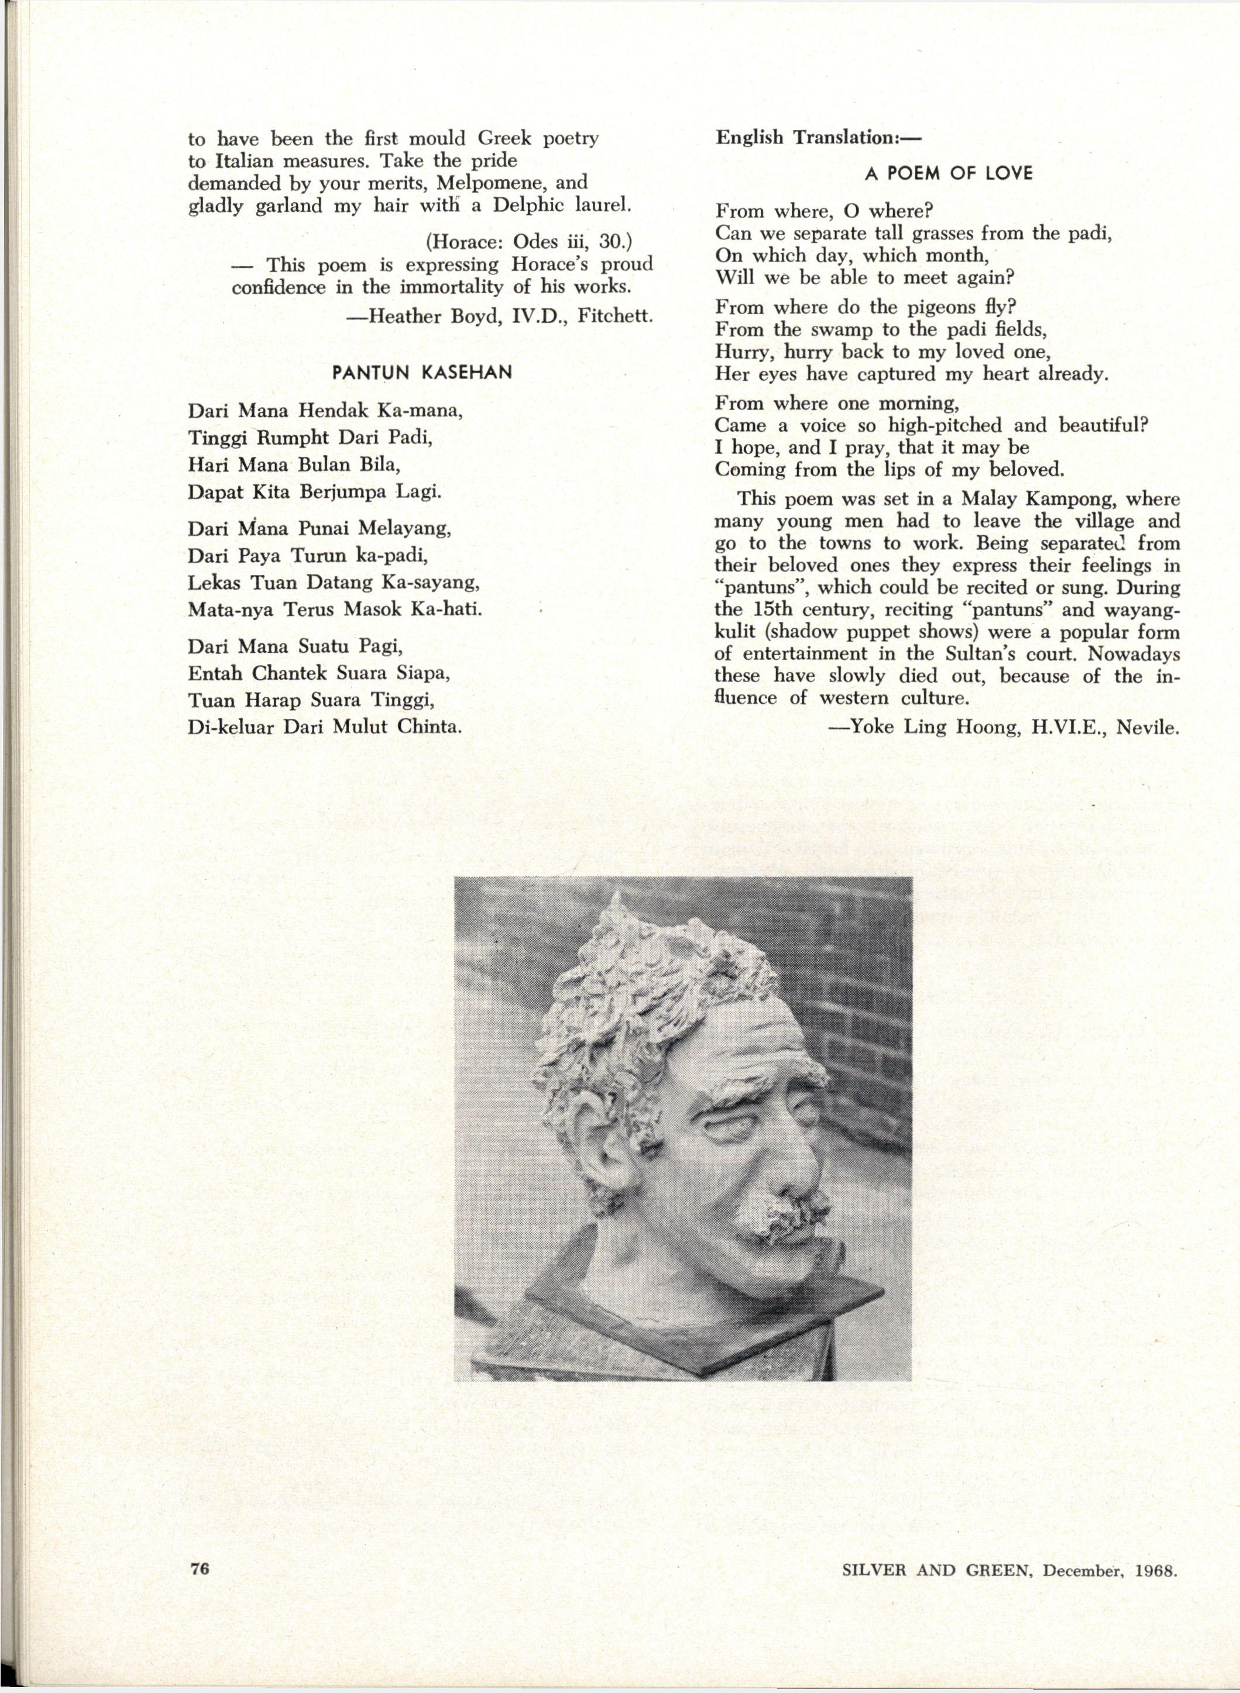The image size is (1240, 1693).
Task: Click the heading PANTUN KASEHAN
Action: [x=423, y=373]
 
